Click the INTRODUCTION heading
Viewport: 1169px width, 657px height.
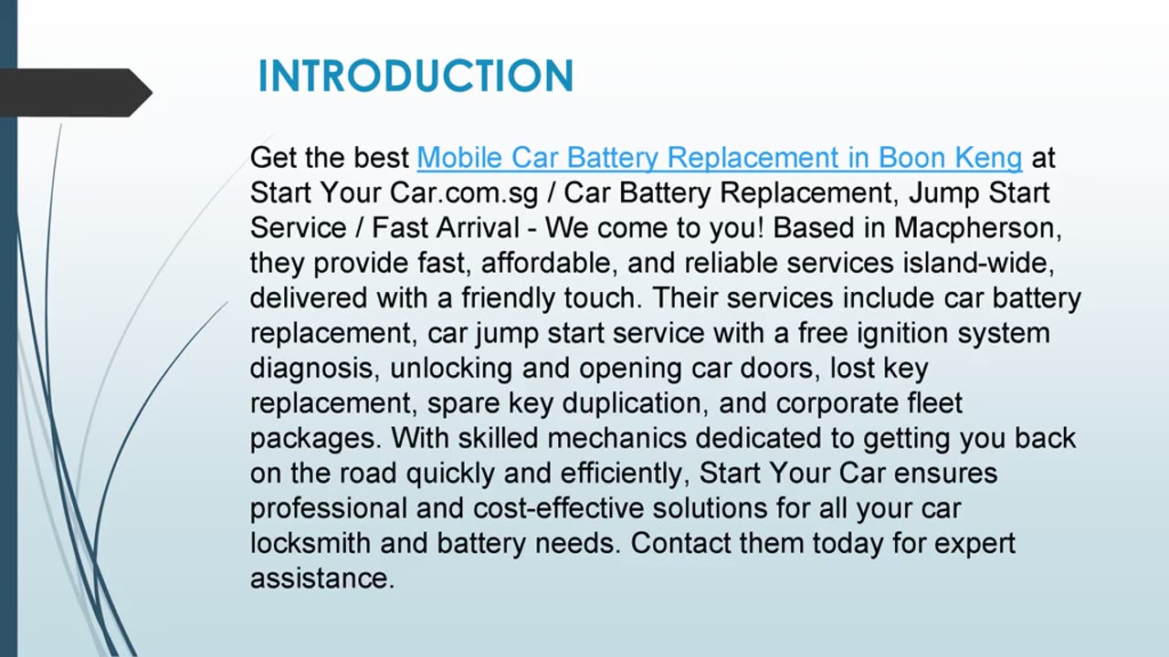(416, 76)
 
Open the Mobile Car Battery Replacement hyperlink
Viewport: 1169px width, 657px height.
(719, 158)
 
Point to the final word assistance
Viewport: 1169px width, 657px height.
(321, 579)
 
